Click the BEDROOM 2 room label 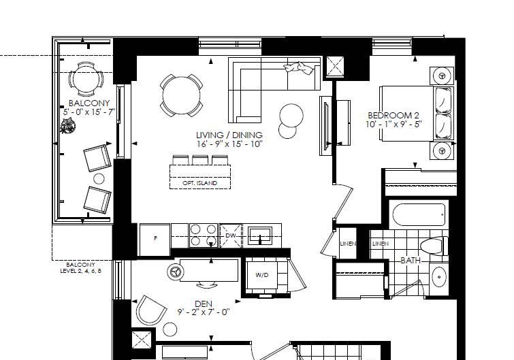pos(393,115)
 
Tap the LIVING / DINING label pos(229,135)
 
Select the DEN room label pos(204,304)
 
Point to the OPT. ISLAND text pos(200,183)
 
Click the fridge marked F pos(155,239)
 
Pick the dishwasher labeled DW pos(231,235)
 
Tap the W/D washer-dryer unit pos(262,275)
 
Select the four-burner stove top pos(204,235)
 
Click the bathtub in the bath pos(419,214)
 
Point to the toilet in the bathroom pos(434,246)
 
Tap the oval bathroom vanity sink pos(438,277)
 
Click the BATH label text pos(411,261)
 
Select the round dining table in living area pos(181,95)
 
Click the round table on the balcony pos(86,79)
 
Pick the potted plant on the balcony pos(68,126)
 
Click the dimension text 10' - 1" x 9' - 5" pos(393,125)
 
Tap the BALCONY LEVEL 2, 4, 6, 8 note pos(80,268)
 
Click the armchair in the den pos(150,310)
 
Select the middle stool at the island pos(200,160)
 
